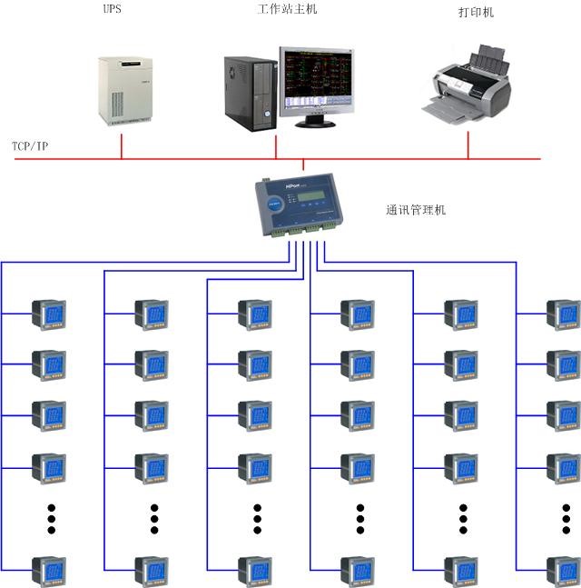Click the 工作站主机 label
[288, 10]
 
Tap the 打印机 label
[476, 14]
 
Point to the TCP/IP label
[30, 145]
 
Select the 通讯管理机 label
[416, 210]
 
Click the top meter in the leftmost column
[48, 314]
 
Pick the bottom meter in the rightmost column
[562, 571]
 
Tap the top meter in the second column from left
[151, 314]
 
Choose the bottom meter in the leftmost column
[48, 571]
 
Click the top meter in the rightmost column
[562, 314]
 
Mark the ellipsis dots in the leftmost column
[52, 518]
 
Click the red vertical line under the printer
[468, 145]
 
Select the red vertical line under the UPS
[122, 146]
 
